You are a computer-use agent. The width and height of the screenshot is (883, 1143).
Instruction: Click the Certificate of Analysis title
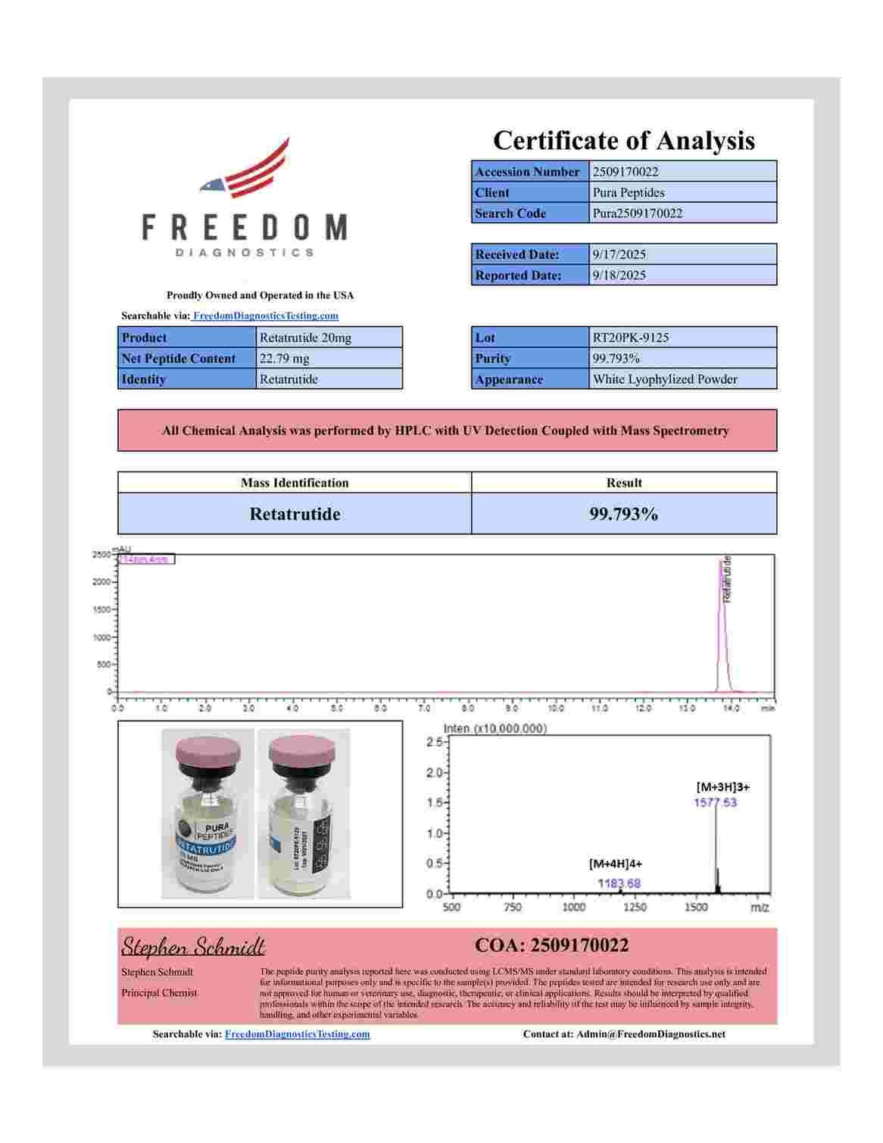(623, 141)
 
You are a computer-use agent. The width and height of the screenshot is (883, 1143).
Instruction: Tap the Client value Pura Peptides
(629, 192)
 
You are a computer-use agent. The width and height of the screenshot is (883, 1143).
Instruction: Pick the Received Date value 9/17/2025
(619, 254)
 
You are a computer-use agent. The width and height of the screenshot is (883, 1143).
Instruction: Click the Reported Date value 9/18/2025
(619, 275)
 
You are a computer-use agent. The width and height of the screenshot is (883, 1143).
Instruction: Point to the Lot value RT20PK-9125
(631, 338)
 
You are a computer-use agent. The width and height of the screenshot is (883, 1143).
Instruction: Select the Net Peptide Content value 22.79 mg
(285, 358)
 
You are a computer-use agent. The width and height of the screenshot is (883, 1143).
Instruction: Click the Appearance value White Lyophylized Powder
(665, 379)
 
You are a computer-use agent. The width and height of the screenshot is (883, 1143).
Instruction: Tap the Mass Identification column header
(295, 483)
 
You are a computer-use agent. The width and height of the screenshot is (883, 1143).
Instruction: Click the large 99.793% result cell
(623, 515)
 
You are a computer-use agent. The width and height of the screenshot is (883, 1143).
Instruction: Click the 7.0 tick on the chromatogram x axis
(425, 709)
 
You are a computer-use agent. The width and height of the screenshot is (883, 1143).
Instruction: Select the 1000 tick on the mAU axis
(102, 637)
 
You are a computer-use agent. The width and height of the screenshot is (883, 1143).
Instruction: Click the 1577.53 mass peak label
(715, 802)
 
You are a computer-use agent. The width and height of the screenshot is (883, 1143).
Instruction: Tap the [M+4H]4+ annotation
(615, 863)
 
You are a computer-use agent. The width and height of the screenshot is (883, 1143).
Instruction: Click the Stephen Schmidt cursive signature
(193, 946)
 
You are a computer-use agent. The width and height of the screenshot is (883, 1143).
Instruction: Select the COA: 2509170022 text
(551, 945)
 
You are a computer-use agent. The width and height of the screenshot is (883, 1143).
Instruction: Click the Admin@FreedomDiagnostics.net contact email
(651, 1034)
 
